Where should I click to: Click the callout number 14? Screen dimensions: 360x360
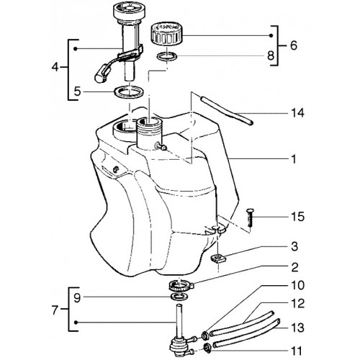tap(297, 113)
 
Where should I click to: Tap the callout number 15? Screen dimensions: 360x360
tap(297, 217)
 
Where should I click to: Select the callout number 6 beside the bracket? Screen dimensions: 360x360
tap(293, 45)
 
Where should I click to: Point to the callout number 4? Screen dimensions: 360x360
tap(55, 67)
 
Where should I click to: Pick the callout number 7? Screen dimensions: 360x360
tap(55, 310)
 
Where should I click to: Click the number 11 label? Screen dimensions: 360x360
tap(296, 351)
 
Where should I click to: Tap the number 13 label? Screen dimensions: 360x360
tap(297, 328)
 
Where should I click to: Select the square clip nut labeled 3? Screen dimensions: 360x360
tap(219, 259)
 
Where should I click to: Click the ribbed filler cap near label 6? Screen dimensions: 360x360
tap(166, 34)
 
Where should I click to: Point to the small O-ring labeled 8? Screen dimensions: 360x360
tap(167, 57)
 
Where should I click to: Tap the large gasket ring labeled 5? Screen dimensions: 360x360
tap(129, 91)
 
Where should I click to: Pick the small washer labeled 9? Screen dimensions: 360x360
tap(179, 297)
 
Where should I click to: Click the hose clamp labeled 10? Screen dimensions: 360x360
tap(205, 335)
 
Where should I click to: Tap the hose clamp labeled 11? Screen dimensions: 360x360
tap(207, 348)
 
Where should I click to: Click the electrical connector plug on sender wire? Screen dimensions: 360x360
tap(101, 74)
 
